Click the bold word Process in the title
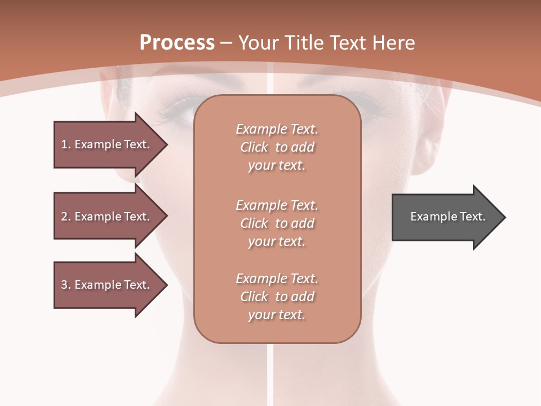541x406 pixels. coord(177,43)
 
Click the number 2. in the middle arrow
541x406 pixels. coord(65,217)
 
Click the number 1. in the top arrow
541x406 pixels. coord(65,144)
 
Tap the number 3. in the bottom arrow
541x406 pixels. coord(65,285)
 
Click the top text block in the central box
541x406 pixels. coord(277,147)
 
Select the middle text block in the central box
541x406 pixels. coord(277,223)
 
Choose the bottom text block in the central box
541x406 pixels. coord(277,297)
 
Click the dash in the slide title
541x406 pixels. coord(226,43)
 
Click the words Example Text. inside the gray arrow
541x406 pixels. coord(447,217)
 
